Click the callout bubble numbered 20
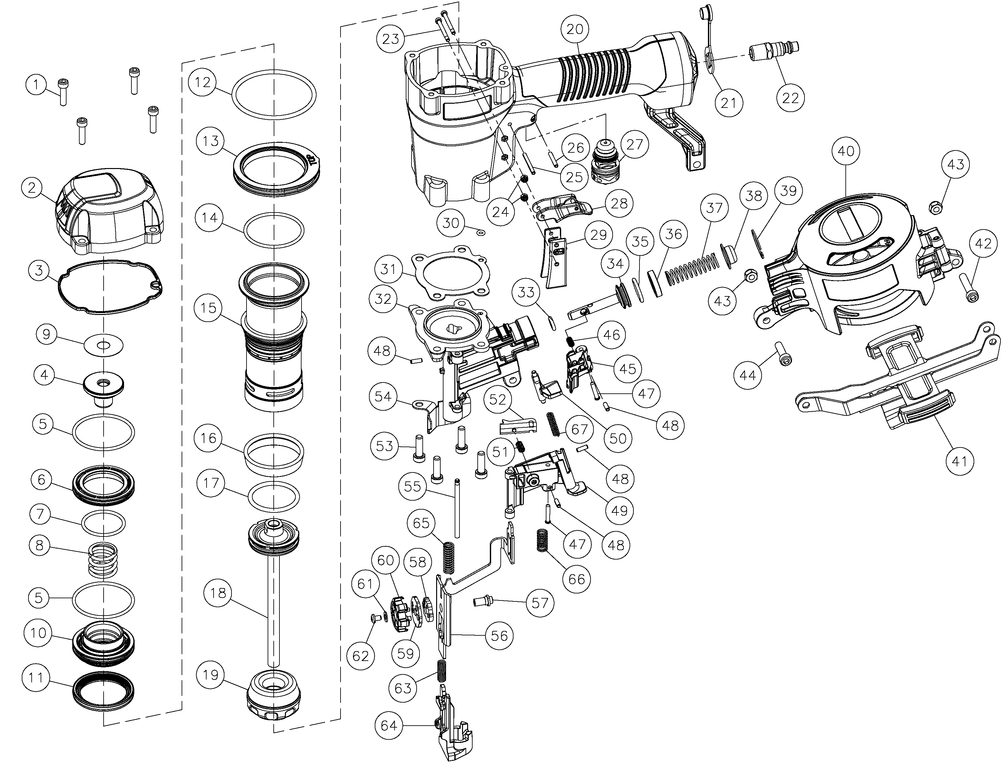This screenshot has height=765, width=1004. click(x=575, y=29)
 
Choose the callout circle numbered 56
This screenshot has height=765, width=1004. click(x=499, y=636)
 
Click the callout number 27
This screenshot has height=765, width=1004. click(x=635, y=144)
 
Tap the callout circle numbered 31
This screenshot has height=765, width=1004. click(x=388, y=269)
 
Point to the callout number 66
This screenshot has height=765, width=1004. click(x=577, y=579)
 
